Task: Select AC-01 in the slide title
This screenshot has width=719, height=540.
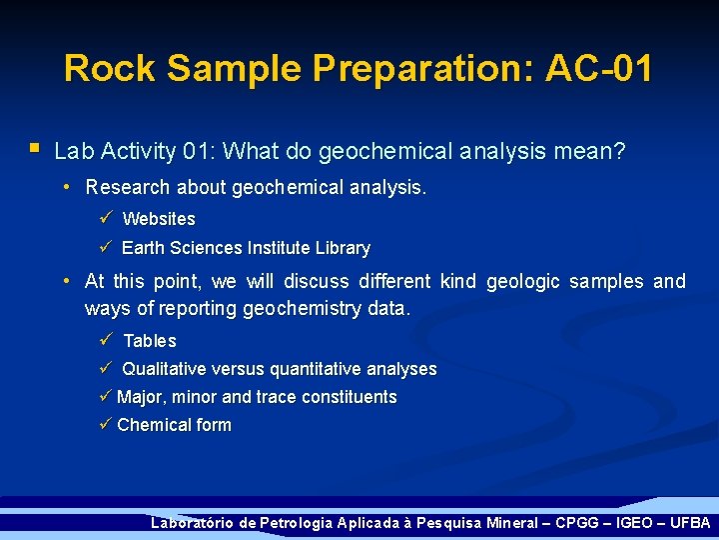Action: [x=599, y=68]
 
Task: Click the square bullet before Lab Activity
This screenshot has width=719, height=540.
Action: [x=34, y=149]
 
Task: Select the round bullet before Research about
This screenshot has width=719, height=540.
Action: [x=65, y=188]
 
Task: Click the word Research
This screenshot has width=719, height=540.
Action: [x=128, y=188]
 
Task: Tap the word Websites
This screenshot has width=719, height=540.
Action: [x=159, y=219]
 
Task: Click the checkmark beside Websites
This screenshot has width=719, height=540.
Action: [x=106, y=218]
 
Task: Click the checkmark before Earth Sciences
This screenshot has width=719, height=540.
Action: [x=106, y=247]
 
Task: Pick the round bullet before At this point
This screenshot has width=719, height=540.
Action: [x=65, y=282]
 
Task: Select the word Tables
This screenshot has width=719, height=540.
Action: [x=150, y=341]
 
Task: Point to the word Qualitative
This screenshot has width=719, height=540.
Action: [x=164, y=369]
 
